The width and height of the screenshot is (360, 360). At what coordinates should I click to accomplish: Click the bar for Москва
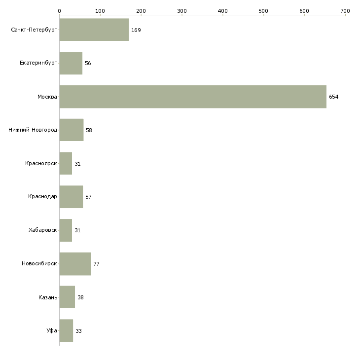click(193, 97)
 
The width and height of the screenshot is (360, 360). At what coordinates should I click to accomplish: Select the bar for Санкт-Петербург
click(94, 30)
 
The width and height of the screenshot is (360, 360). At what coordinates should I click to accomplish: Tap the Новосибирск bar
click(75, 264)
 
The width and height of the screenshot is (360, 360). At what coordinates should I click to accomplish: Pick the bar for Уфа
click(66, 330)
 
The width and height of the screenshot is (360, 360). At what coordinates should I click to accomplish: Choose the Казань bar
click(67, 297)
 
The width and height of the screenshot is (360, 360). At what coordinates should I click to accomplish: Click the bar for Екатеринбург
click(71, 63)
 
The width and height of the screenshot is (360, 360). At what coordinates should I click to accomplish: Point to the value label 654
click(334, 97)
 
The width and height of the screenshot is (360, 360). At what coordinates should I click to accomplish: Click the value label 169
click(136, 31)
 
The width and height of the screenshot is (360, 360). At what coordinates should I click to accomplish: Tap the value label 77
click(96, 264)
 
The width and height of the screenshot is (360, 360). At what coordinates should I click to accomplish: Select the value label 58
click(89, 131)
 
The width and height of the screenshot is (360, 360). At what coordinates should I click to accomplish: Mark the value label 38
click(80, 298)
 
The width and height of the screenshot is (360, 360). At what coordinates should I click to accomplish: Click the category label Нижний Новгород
click(33, 130)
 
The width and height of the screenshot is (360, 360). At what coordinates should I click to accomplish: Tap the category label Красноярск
click(41, 164)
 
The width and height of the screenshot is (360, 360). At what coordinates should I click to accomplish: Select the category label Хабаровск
click(43, 230)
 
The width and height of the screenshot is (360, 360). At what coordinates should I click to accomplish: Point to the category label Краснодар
click(42, 197)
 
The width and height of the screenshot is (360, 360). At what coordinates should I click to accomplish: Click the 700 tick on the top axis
click(345, 10)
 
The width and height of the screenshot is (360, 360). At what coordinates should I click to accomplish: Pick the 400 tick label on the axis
click(222, 10)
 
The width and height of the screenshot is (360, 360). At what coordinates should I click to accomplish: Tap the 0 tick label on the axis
click(59, 10)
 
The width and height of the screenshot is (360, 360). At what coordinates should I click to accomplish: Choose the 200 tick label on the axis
click(141, 10)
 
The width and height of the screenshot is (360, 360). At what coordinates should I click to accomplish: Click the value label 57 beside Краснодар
click(88, 197)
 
